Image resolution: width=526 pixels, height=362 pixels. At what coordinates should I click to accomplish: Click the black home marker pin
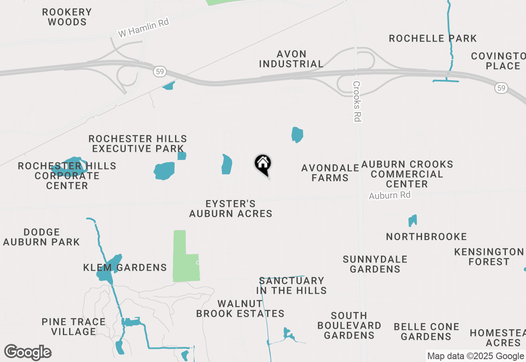tap(263, 165)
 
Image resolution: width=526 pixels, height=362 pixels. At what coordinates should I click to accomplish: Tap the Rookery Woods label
tap(67, 17)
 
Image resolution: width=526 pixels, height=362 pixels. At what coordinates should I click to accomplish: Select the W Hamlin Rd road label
tap(143, 28)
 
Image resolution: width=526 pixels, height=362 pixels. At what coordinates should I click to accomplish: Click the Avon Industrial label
tap(291, 59)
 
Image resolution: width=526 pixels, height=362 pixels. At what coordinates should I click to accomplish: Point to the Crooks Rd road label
tap(357, 101)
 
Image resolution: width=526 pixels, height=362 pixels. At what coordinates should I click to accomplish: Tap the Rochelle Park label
tap(433, 39)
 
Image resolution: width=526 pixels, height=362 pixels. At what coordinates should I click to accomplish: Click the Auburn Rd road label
tap(390, 195)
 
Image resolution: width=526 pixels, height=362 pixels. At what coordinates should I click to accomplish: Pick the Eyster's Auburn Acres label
tap(231, 209)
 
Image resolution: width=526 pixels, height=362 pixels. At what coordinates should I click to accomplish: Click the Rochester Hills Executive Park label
tap(138, 144)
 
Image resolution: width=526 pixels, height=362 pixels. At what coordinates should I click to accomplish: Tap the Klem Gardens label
tap(125, 268)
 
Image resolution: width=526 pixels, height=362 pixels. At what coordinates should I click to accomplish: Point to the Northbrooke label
tap(427, 237)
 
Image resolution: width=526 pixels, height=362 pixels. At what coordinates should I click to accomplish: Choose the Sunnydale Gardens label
tap(375, 264)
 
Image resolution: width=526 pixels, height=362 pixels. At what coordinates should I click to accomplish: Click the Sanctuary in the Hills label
tap(291, 285)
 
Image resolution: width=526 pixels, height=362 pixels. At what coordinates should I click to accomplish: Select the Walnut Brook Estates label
tap(240, 309)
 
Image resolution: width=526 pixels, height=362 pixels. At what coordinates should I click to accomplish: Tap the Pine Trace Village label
tap(74, 327)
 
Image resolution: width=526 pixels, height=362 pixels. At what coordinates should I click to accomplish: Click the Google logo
tap(28, 353)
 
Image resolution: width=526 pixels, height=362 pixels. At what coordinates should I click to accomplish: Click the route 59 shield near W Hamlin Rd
tap(159, 72)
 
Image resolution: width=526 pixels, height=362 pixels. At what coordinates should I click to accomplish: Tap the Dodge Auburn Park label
tap(42, 237)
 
